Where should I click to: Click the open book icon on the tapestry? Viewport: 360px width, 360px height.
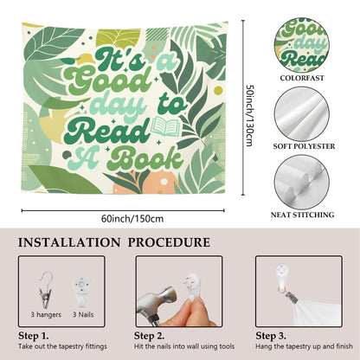(166, 125)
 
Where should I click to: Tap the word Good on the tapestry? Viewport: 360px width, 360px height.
(107, 80)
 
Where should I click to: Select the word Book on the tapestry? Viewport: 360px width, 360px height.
(146, 158)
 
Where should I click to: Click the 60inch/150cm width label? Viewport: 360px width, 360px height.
(132, 219)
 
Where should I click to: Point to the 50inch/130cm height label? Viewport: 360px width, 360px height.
(249, 115)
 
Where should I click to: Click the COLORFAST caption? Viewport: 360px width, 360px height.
(302, 78)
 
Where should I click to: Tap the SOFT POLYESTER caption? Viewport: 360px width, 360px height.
(304, 146)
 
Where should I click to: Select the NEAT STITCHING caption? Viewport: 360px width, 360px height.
(302, 215)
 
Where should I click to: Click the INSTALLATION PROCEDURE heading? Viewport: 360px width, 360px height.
(114, 242)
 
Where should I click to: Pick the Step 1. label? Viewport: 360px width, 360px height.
(34, 336)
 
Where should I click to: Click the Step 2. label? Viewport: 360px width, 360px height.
(149, 336)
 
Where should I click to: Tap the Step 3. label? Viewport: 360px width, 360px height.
(271, 336)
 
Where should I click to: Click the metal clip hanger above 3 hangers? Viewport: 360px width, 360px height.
(45, 289)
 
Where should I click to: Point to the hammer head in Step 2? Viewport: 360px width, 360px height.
(161, 299)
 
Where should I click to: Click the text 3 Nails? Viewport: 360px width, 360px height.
(83, 314)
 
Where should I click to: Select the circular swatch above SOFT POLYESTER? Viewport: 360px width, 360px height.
(302, 114)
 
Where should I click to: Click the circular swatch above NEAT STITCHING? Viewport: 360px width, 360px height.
(302, 183)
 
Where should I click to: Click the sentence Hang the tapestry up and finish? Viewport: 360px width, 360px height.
(304, 346)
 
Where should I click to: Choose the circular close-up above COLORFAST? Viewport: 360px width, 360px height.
(302, 45)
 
